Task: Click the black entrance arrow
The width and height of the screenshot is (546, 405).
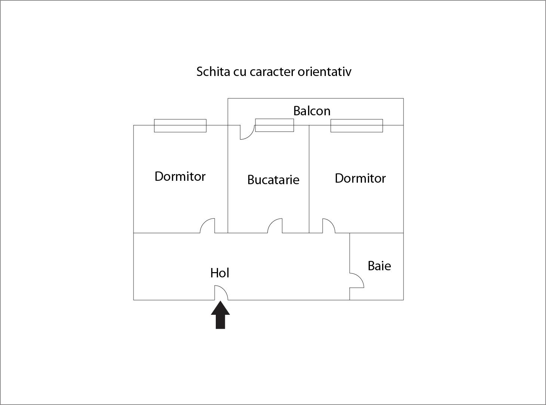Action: (220, 315)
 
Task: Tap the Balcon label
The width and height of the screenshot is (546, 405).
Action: (312, 111)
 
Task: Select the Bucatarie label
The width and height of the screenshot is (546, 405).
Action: (273, 180)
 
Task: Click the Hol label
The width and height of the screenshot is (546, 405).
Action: (220, 273)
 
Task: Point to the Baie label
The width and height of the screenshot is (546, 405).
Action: (379, 266)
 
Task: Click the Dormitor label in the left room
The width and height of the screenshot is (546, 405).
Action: (180, 177)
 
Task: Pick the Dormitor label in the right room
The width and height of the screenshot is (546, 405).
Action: (360, 178)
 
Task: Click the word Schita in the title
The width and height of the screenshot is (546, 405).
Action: (213, 72)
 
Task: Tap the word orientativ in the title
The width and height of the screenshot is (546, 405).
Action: (325, 72)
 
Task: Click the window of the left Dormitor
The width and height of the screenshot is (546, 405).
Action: (180, 126)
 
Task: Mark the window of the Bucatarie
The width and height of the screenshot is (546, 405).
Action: (274, 125)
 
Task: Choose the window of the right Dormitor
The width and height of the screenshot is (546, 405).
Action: (357, 126)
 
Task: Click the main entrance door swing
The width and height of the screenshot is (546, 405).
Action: (221, 293)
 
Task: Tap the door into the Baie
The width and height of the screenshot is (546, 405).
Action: (357, 280)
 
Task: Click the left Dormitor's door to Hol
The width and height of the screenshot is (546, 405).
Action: (207, 226)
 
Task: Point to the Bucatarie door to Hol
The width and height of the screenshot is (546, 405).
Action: (275, 226)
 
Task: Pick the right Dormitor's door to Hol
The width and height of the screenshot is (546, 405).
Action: (329, 226)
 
